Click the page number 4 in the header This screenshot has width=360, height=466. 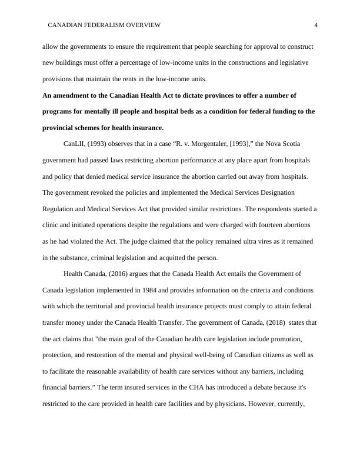pyautogui.click(x=316, y=25)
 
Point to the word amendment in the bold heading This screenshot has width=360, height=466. pyautogui.click(x=74, y=95)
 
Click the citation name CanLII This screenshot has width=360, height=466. pyautogui.click(x=74, y=144)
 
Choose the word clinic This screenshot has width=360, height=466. pyautogui.click(x=52, y=225)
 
